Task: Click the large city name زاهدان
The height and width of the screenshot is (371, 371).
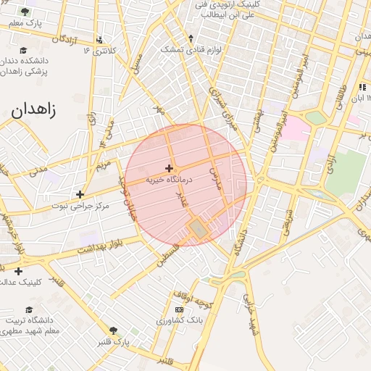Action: click(x=33, y=110)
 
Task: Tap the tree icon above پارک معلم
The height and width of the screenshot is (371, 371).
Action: click(x=26, y=12)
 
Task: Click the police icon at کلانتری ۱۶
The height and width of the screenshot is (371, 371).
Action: click(x=99, y=40)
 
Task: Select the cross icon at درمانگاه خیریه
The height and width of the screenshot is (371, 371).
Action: click(x=169, y=168)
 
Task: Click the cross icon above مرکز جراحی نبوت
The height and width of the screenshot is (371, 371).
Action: click(x=80, y=194)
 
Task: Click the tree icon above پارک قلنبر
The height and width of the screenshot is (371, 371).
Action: click(x=113, y=330)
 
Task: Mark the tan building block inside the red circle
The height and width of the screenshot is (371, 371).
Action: click(x=198, y=230)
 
